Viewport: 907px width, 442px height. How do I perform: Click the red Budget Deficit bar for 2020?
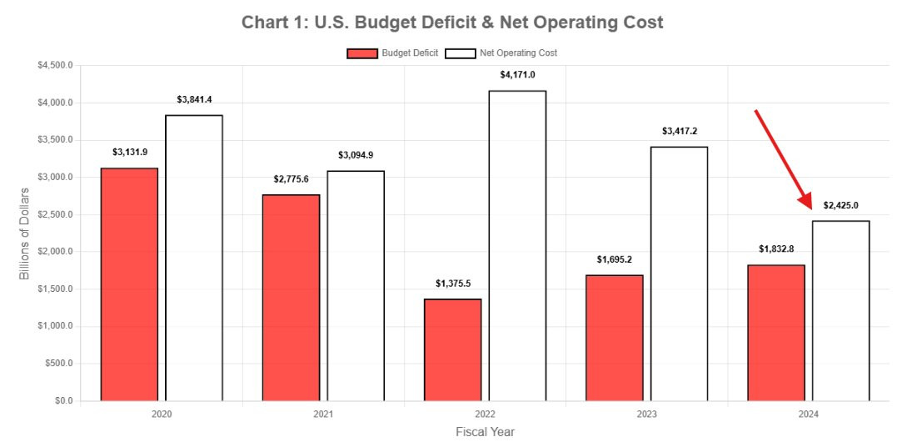pyautogui.click(x=129, y=284)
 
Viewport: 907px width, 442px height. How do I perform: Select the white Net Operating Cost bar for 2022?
pyautogui.click(x=517, y=246)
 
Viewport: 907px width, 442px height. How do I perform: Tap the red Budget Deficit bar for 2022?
pyautogui.click(x=452, y=349)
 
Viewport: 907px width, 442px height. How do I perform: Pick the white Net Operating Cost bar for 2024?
pyautogui.click(x=840, y=310)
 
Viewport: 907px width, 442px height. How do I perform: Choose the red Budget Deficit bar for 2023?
pyautogui.click(x=615, y=338)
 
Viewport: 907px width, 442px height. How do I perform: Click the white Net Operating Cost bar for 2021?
pyautogui.click(x=356, y=285)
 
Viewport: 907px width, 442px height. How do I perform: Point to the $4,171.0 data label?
pyautogui.click(x=517, y=75)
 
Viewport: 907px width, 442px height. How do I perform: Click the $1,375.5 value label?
pyautogui.click(x=452, y=284)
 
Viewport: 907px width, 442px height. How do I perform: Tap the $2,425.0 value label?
pyautogui.click(x=840, y=205)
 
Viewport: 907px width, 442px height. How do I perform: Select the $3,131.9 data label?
pyautogui.click(x=129, y=152)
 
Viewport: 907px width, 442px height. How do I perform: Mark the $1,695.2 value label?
pyautogui.click(x=615, y=259)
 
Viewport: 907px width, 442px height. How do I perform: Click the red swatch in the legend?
pyautogui.click(x=362, y=53)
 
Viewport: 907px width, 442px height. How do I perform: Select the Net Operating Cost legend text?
pyautogui.click(x=519, y=53)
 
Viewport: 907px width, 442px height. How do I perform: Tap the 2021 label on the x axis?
pyautogui.click(x=323, y=414)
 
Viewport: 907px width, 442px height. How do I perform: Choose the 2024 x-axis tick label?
pyautogui.click(x=809, y=414)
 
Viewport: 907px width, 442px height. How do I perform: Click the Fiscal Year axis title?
pyautogui.click(x=485, y=432)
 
